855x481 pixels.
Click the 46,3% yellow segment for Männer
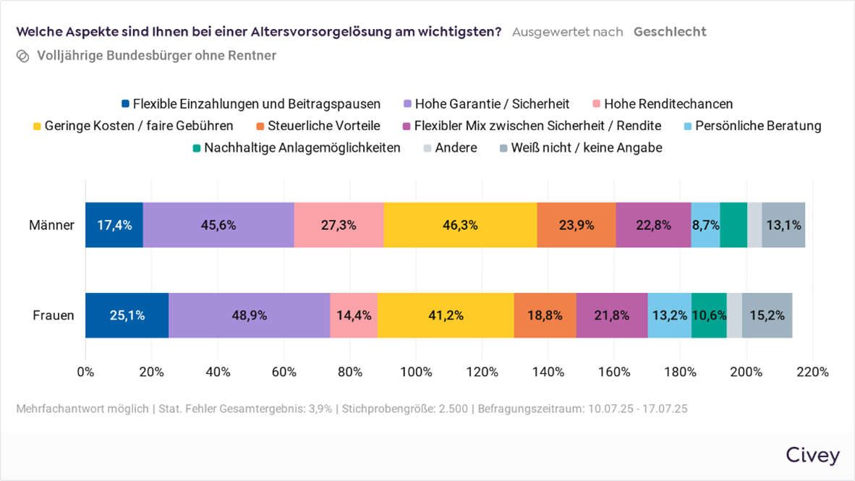pyautogui.click(x=460, y=225)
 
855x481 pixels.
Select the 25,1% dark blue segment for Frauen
pyautogui.click(x=127, y=315)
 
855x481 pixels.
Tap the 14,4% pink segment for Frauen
pyautogui.click(x=354, y=315)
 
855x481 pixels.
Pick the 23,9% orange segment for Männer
pyautogui.click(x=576, y=225)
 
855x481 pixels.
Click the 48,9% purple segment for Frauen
pyautogui.click(x=249, y=315)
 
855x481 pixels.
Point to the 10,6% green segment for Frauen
pyautogui.click(x=709, y=315)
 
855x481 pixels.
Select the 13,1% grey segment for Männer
pyautogui.click(x=783, y=225)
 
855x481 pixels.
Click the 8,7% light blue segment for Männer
pyautogui.click(x=705, y=225)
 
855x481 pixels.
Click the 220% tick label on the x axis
pyautogui.click(x=812, y=372)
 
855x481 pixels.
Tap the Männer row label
pyautogui.click(x=51, y=225)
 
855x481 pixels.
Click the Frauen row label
pyautogui.click(x=54, y=315)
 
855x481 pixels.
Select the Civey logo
pyautogui.click(x=812, y=455)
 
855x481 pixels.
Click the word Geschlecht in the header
pyautogui.click(x=670, y=32)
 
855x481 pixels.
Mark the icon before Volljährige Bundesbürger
pyautogui.click(x=22, y=56)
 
